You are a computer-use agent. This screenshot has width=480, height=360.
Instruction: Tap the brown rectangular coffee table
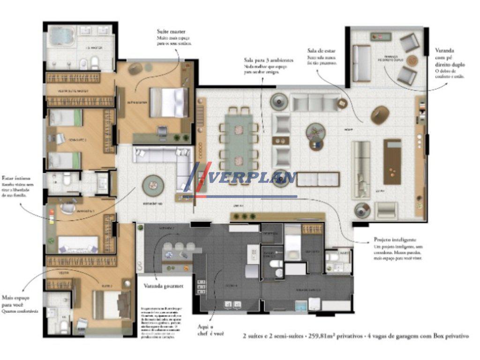pos(392,161)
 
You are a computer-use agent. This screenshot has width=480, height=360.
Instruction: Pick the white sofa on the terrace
pos(361,64)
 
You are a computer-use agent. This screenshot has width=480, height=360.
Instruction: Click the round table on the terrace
pos(412,60)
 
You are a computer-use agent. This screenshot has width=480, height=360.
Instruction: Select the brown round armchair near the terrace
pos(380,114)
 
